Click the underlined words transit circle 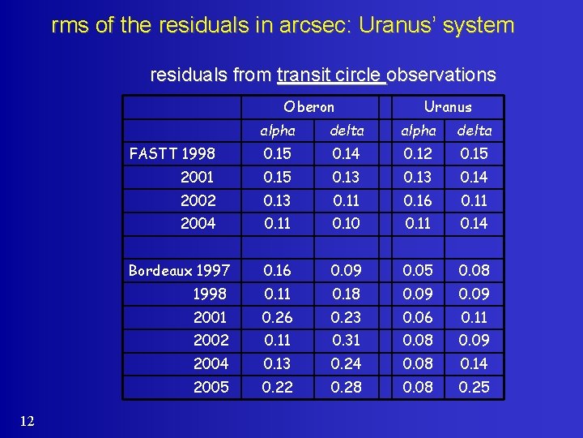(330, 75)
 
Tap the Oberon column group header (309, 106)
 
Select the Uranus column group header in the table (448, 106)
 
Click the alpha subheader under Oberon (277, 130)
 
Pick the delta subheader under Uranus (474, 130)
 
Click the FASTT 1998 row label (171, 153)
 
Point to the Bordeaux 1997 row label (179, 270)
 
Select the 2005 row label (211, 387)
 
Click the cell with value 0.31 (347, 340)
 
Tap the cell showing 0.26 (277, 317)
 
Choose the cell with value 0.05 (419, 270)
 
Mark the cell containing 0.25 (474, 387)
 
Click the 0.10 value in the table (347, 223)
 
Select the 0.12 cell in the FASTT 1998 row (419, 153)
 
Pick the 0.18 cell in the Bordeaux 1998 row (347, 294)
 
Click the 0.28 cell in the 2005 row (347, 387)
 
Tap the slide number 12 (27, 419)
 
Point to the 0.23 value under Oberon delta (347, 317)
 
